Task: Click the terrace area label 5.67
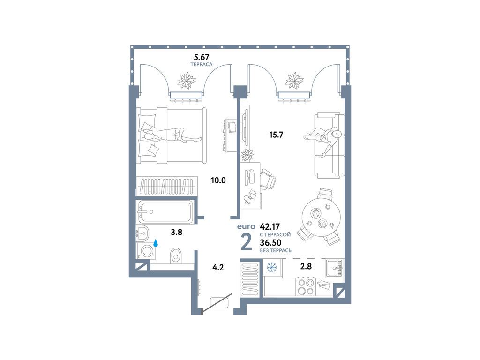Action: (x=202, y=57)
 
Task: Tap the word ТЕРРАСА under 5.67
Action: (x=202, y=64)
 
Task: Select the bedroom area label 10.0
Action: (x=218, y=180)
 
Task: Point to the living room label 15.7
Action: (x=276, y=135)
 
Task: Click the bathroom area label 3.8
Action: (x=177, y=232)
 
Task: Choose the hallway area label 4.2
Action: (x=218, y=267)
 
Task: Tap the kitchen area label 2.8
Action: (x=306, y=266)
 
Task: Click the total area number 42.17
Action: (x=270, y=227)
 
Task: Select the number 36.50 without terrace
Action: (x=270, y=243)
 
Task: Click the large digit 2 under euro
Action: (x=246, y=241)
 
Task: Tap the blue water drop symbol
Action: (x=156, y=243)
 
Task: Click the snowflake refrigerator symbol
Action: (x=271, y=267)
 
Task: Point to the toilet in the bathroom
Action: (x=175, y=255)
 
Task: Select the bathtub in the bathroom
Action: (x=165, y=211)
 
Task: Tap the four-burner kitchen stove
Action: (x=306, y=286)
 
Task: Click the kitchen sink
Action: (x=335, y=268)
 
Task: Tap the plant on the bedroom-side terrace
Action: (x=187, y=80)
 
